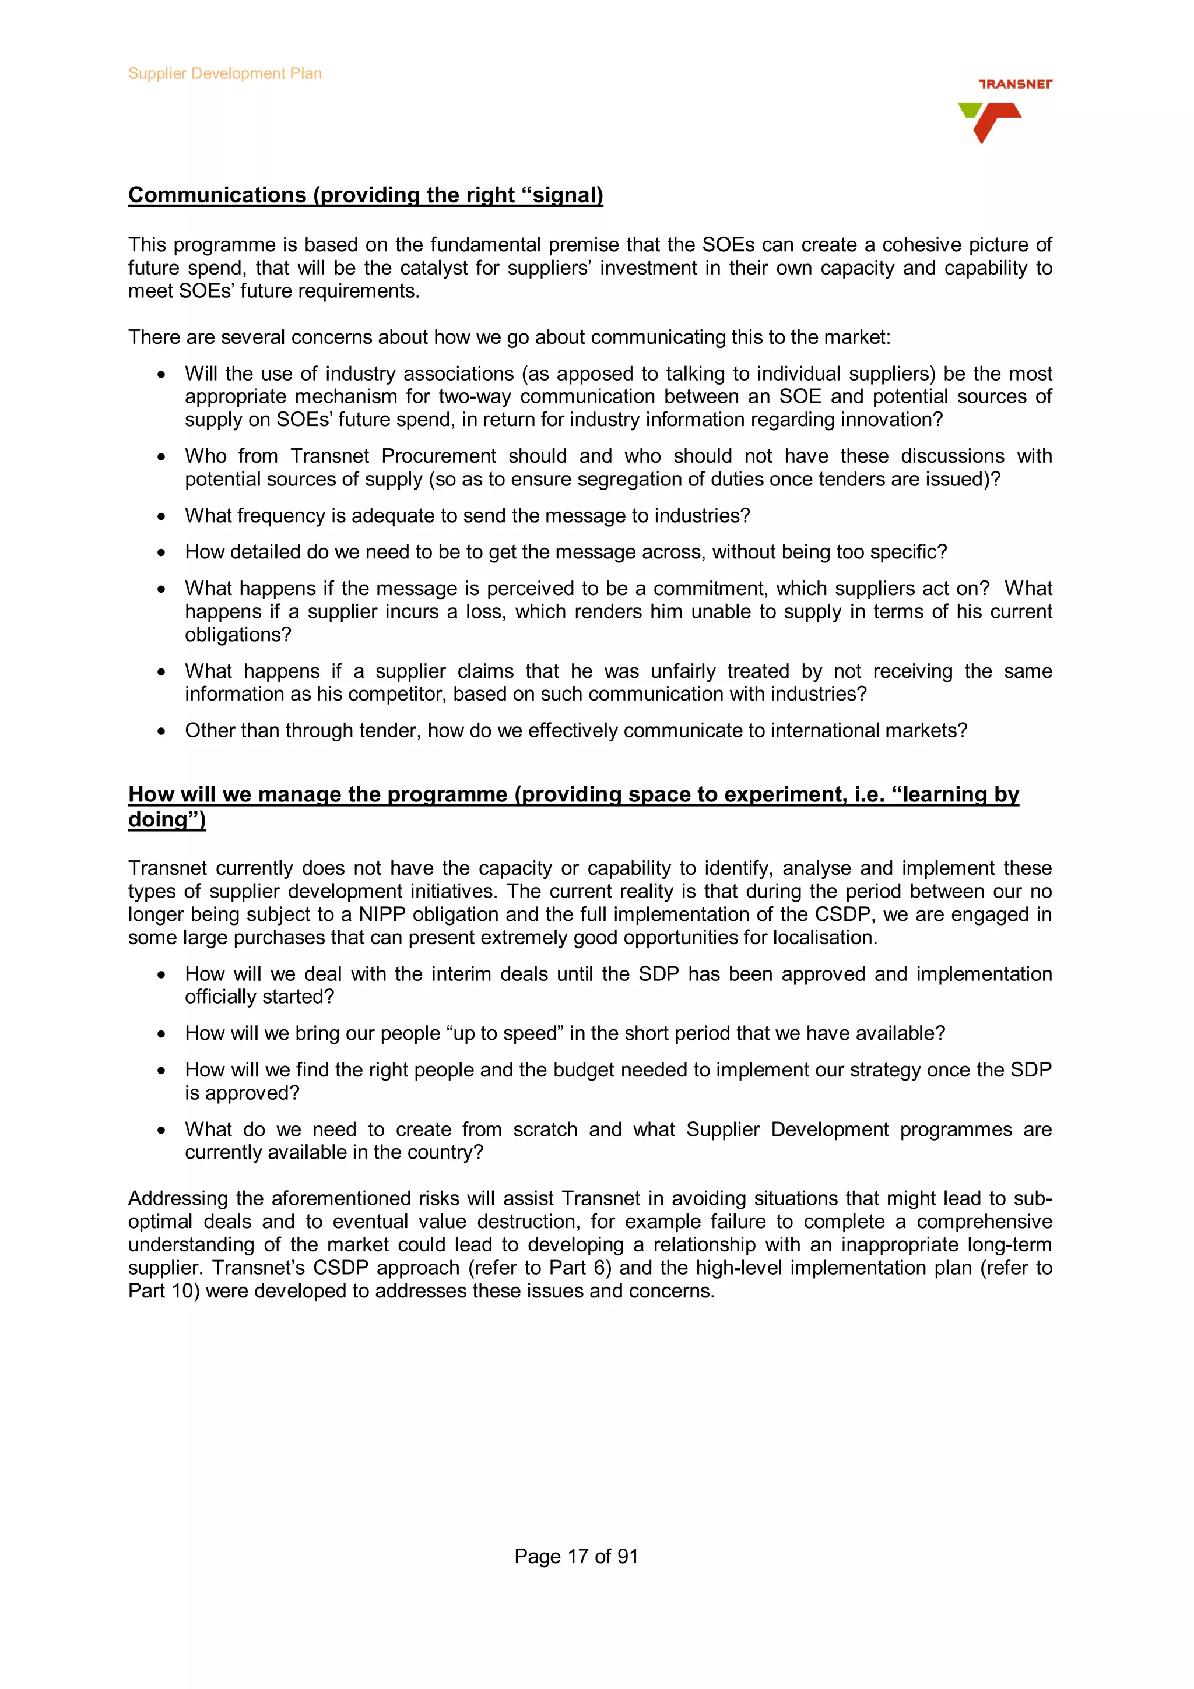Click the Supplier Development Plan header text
(224, 73)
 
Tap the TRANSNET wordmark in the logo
(1014, 85)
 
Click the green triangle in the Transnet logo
(969, 110)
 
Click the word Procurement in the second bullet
(438, 456)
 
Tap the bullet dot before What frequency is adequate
(161, 517)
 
